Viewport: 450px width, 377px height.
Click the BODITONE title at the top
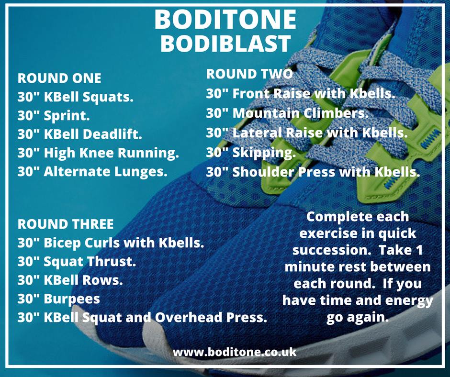tap(225, 19)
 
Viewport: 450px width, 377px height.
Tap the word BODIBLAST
tap(225, 43)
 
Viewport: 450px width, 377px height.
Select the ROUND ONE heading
tap(59, 78)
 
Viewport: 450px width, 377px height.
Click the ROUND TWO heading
tap(249, 74)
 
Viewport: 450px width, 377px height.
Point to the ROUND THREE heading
tap(66, 224)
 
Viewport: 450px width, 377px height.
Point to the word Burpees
tap(72, 299)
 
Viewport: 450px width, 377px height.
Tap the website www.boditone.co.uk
tap(235, 352)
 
